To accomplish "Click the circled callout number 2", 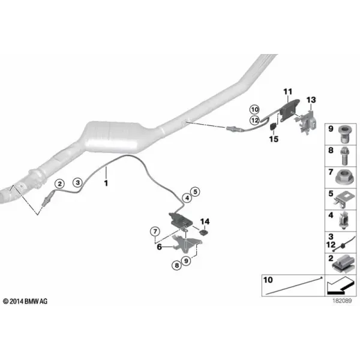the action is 59,184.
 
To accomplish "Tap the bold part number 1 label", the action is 106,183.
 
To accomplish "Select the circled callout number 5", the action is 195,191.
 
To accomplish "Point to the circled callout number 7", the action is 155,231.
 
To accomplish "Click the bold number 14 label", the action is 205,221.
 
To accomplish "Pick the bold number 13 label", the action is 311,100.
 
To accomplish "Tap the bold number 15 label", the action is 274,139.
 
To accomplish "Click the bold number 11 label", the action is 287,92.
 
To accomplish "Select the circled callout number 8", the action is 176,266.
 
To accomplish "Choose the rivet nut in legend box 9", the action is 344,134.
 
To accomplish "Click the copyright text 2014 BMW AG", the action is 25,301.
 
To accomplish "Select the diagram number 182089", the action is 342,301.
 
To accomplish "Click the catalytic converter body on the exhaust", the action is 113,137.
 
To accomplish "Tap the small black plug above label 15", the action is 273,127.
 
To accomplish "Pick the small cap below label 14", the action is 203,233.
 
